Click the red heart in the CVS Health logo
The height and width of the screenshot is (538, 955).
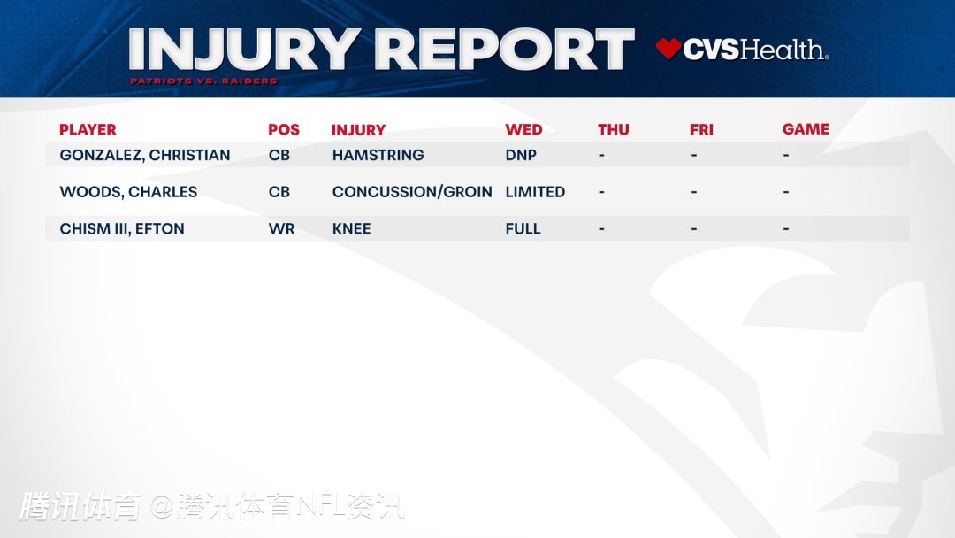(668, 49)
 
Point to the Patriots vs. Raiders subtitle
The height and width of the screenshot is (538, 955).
(203, 81)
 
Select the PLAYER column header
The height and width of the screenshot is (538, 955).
(88, 130)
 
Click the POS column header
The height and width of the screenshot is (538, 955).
(284, 130)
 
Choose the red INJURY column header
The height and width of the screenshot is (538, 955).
(358, 130)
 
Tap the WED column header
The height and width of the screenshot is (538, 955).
(523, 130)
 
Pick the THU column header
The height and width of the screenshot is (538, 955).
(614, 130)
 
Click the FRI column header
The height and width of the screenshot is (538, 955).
(701, 130)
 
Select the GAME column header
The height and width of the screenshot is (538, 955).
(806, 129)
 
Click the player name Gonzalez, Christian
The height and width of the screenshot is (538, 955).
(145, 156)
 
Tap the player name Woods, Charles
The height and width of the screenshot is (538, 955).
(128, 192)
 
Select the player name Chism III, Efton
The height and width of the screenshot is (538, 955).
(122, 229)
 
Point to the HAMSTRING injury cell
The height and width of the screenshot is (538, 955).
(378, 156)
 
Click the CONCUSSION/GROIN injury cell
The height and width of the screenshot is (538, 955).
(412, 192)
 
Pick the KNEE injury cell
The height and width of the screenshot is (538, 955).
(351, 229)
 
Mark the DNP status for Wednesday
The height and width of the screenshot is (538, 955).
(521, 156)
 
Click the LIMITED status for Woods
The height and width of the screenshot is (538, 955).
(535, 192)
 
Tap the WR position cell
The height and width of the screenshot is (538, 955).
(281, 229)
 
